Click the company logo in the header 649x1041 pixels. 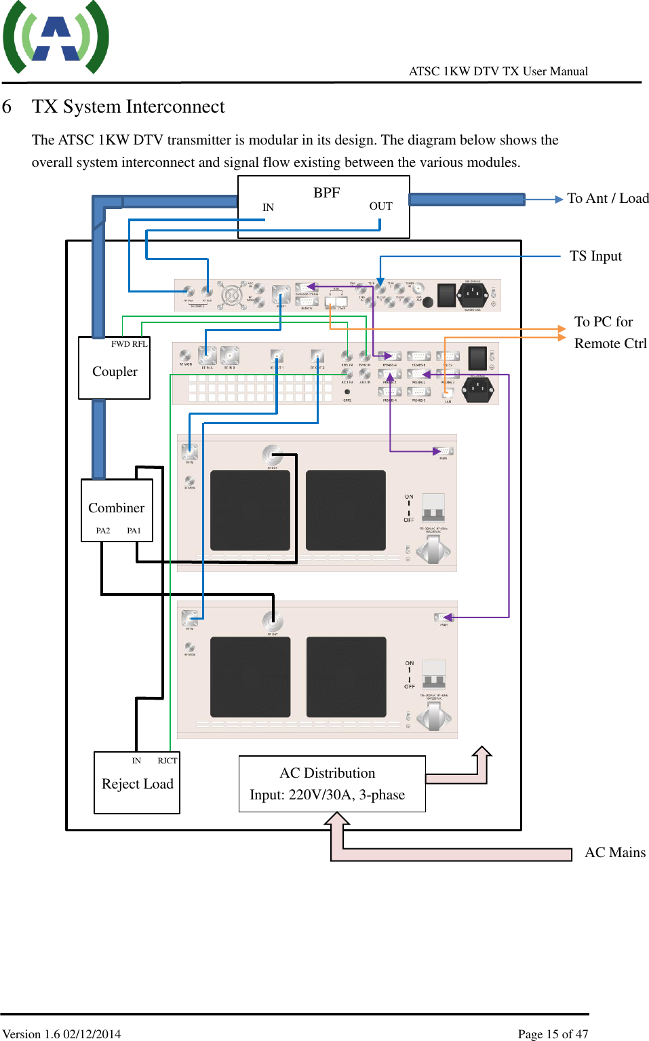[56, 38]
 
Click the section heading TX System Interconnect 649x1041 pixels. [128, 107]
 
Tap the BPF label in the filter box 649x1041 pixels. [326, 193]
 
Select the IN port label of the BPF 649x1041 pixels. [268, 208]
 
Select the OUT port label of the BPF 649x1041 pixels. [380, 206]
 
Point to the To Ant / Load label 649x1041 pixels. [608, 198]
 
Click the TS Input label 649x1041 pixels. [595, 256]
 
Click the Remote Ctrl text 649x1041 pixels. [610, 343]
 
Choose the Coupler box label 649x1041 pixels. [115, 372]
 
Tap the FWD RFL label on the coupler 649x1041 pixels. [129, 344]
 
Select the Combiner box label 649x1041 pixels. [116, 508]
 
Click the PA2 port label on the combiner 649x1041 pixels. [102, 531]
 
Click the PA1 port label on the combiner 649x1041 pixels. [134, 531]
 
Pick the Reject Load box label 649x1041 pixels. [138, 784]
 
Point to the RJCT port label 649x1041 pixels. [167, 761]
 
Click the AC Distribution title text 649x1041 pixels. [327, 773]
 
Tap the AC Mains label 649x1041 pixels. [615, 852]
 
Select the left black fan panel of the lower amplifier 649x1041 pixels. [250, 677]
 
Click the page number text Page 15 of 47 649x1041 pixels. [553, 1034]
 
